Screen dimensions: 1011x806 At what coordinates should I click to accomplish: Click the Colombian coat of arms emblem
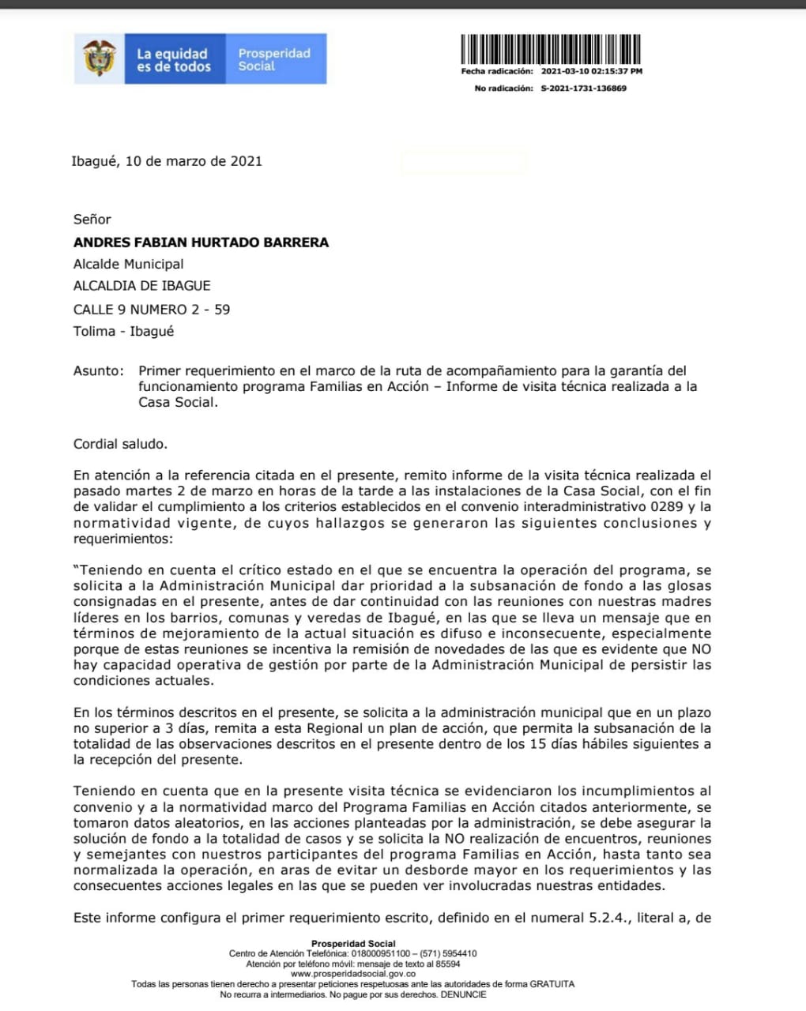tap(99, 58)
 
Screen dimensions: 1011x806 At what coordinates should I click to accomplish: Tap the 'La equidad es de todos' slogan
tap(173, 60)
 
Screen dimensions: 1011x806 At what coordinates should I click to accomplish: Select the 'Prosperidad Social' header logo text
tap(273, 59)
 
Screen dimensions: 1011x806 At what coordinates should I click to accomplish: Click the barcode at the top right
tap(551, 49)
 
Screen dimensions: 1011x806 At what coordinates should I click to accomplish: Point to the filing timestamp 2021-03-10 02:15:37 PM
tap(591, 71)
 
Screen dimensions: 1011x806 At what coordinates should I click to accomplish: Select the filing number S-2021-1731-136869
tap(583, 88)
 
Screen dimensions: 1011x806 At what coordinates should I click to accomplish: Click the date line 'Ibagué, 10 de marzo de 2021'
tap(167, 161)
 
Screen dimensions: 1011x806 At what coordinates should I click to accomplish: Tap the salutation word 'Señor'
tap(92, 220)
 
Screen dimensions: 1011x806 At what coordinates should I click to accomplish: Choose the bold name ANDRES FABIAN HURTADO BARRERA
tap(201, 242)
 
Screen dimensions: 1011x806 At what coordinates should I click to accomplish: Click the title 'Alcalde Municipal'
tap(128, 265)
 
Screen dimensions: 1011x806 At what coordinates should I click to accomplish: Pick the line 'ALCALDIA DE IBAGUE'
tap(141, 286)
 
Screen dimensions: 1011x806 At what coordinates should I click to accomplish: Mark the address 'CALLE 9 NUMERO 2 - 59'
tap(152, 310)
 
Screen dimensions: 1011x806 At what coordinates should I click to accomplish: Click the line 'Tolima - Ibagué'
tap(123, 332)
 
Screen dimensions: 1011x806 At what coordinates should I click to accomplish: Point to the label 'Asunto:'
tap(99, 371)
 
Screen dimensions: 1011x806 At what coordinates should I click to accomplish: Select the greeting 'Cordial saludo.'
tap(120, 444)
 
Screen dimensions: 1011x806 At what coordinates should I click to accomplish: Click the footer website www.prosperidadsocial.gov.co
tap(353, 974)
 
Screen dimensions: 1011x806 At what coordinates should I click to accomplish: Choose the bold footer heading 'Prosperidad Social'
tap(353, 944)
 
